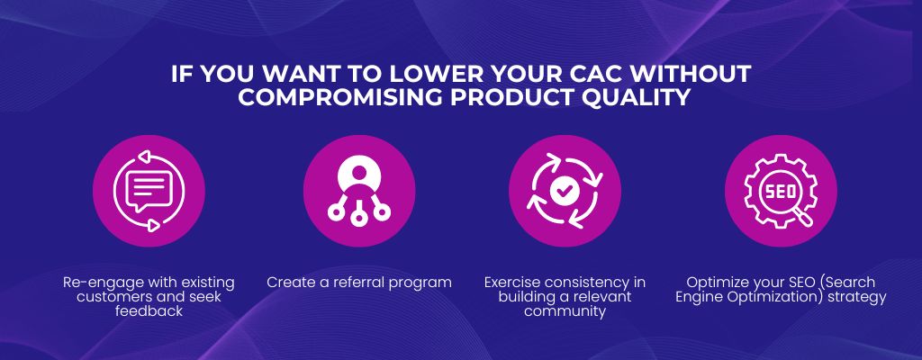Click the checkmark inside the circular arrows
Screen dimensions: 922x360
click(565, 190)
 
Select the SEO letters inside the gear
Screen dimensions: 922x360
click(781, 192)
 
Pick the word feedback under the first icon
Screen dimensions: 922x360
click(149, 311)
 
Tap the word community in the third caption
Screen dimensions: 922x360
click(565, 311)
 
